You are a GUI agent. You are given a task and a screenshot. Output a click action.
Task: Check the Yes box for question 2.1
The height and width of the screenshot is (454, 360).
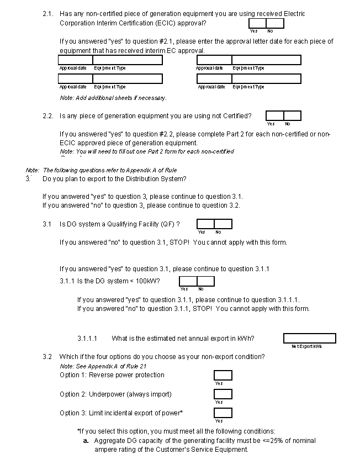click(257, 23)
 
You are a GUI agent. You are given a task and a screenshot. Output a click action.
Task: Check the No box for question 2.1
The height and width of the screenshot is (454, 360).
click(275, 23)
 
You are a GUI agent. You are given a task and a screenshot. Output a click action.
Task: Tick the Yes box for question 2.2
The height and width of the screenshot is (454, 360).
click(274, 115)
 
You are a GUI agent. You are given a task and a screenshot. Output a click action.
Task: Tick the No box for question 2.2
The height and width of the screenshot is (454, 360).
click(292, 115)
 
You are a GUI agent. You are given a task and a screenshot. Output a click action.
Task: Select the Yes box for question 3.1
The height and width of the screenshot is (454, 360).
click(205, 224)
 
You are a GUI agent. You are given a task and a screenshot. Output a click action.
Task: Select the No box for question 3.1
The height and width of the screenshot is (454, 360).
click(223, 224)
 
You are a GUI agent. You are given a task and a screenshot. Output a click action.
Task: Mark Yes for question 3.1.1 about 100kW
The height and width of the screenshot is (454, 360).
click(188, 281)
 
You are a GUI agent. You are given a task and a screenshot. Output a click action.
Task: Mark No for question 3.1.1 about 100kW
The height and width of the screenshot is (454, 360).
click(205, 281)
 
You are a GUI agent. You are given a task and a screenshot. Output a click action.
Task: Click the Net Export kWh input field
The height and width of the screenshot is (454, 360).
click(309, 338)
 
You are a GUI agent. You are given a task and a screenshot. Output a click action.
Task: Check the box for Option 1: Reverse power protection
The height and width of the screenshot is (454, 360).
click(223, 376)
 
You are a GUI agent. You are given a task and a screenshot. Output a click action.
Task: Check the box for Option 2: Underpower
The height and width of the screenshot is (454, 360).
click(223, 394)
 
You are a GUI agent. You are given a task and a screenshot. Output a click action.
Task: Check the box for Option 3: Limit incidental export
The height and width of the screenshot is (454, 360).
click(223, 413)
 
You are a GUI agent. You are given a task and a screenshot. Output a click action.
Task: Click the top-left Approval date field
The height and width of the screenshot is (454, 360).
click(75, 60)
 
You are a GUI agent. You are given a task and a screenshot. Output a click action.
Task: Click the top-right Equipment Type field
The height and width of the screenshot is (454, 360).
click(266, 60)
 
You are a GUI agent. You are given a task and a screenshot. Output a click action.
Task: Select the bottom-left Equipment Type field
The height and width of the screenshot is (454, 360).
click(128, 79)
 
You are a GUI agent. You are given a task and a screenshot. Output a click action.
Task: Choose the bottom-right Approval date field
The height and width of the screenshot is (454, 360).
click(214, 79)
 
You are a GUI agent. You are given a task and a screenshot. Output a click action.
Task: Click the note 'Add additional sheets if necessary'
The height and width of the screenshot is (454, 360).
click(113, 98)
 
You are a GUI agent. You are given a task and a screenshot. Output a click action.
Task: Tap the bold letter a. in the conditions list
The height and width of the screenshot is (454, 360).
click(87, 441)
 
